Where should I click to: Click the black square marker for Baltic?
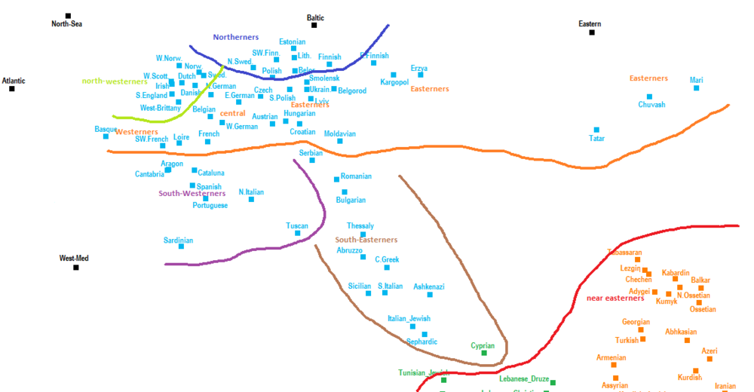click(x=314, y=26)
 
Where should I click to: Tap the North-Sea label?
click(x=66, y=24)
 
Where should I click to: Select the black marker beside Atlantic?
click(x=12, y=89)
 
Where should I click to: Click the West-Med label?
click(x=74, y=259)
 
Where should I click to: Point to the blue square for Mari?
click(x=696, y=88)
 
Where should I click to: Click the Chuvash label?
click(x=651, y=105)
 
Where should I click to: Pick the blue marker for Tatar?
click(x=596, y=130)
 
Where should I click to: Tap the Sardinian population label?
click(x=179, y=240)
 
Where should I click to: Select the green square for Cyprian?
click(x=484, y=353)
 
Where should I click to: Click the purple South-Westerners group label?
click(x=192, y=193)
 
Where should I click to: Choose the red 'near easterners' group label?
click(x=615, y=298)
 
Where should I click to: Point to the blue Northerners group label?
click(x=235, y=37)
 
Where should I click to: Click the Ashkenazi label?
click(x=429, y=286)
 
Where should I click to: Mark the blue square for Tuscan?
click(x=298, y=233)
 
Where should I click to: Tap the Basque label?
click(x=106, y=129)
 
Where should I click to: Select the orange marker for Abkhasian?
click(x=687, y=340)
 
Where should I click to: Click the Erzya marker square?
click(x=421, y=75)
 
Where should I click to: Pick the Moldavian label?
click(x=339, y=133)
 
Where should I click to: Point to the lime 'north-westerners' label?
click(x=115, y=81)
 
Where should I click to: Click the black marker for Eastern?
click(x=592, y=32)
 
